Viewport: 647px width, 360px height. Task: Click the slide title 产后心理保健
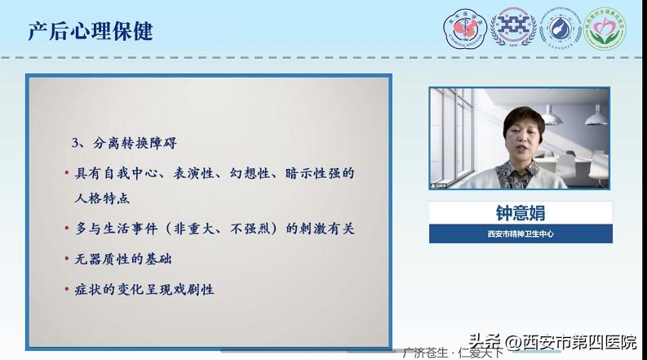[x=91, y=31]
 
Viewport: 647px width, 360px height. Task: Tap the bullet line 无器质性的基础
[x=124, y=260]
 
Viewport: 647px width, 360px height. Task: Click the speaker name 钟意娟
[x=520, y=212]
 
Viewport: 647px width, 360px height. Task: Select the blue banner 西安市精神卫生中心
[x=521, y=234]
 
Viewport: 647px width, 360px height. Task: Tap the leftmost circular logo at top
[x=464, y=29]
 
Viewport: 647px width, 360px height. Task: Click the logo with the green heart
[x=605, y=29]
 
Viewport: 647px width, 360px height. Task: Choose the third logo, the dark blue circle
[x=560, y=29]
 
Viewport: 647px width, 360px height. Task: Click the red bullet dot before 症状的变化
[x=67, y=290]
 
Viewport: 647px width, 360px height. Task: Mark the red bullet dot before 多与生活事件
[x=67, y=230]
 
